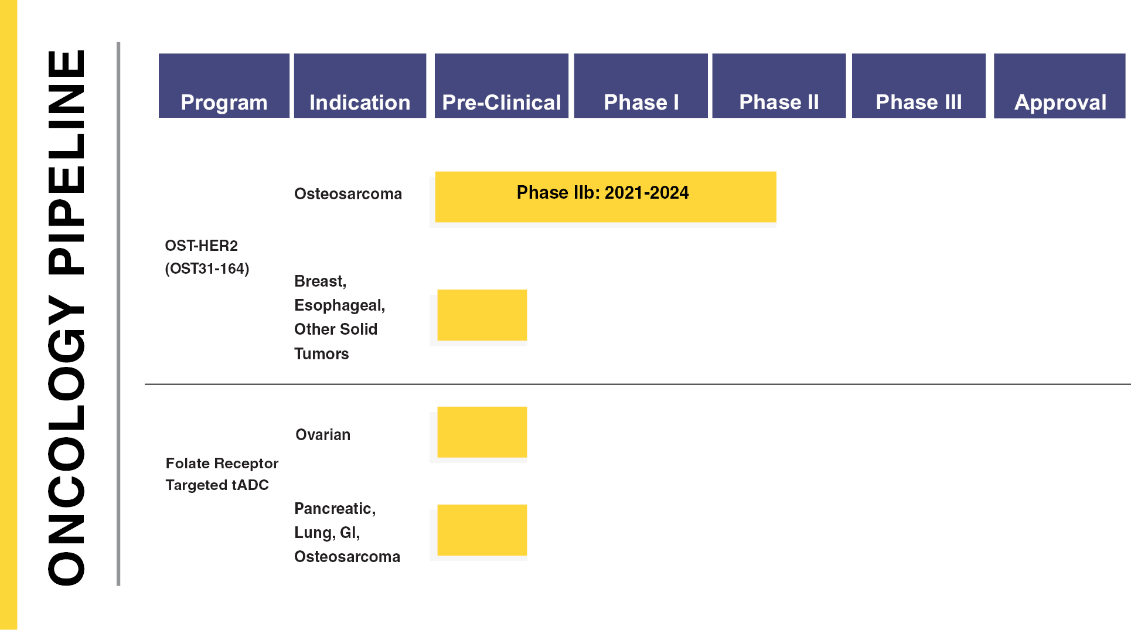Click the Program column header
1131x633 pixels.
pos(224,86)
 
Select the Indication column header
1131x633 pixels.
pos(360,86)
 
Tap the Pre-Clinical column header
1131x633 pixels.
pos(502,86)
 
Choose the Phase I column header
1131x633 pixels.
pos(641,86)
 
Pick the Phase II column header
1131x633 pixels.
pos(779,86)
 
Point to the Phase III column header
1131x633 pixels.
pos(919,86)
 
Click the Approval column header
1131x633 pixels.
pos(1060,86)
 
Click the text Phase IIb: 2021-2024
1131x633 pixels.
pos(602,193)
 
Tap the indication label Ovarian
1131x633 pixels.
pos(323,435)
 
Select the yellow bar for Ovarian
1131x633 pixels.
pos(482,432)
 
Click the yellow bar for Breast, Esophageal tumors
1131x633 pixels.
pos(482,315)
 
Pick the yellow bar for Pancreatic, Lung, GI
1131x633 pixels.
pos(482,530)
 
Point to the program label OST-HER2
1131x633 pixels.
pos(202,246)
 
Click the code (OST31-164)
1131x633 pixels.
pos(207,268)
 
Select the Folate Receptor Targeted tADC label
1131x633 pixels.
pos(222,474)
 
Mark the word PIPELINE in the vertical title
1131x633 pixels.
pos(66,162)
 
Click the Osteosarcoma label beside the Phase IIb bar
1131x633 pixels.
pos(348,194)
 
